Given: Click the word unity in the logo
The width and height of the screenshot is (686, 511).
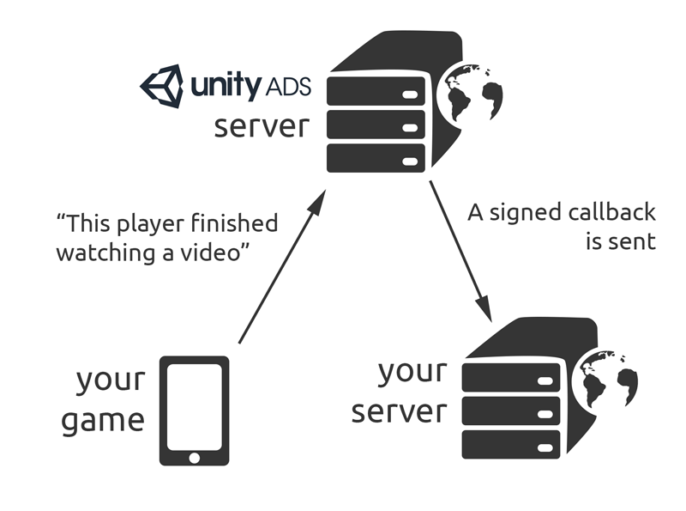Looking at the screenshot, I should pos(226,87).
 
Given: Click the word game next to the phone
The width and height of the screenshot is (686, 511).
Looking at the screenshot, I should pos(102,419).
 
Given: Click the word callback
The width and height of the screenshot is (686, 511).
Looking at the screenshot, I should pos(618,213).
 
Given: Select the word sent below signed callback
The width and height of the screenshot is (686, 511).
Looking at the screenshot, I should pos(635,241).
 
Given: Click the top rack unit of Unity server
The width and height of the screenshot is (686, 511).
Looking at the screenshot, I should pos(377,89).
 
